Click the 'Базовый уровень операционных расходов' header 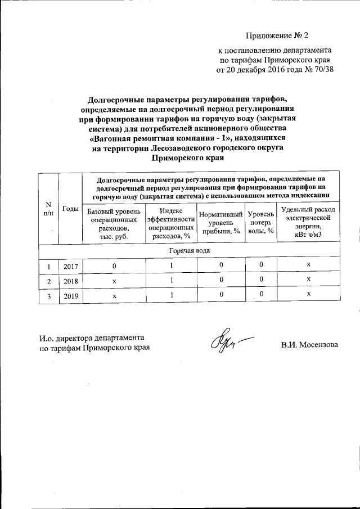click(113, 224)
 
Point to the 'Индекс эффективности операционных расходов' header click(171, 224)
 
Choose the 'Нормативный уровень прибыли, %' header click(221, 223)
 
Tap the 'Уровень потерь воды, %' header click(261, 223)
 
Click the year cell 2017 click(70, 266)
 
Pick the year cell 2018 click(70, 281)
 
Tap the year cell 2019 click(70, 295)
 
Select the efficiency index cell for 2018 click(171, 280)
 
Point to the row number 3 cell click(48, 295)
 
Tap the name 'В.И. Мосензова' click(310, 344)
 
